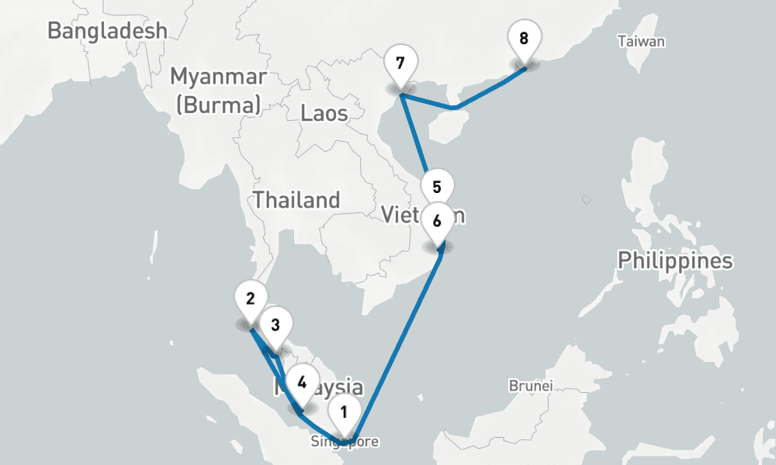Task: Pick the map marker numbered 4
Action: tap(302, 382)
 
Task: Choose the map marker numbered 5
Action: tap(437, 188)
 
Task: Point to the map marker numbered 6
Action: tap(437, 221)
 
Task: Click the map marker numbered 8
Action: tap(524, 39)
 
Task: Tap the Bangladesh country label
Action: tap(107, 31)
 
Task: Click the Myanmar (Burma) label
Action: tap(218, 91)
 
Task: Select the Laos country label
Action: tap(324, 114)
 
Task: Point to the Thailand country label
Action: tap(296, 200)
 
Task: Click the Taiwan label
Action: tap(641, 42)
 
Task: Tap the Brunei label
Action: tap(531, 385)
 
